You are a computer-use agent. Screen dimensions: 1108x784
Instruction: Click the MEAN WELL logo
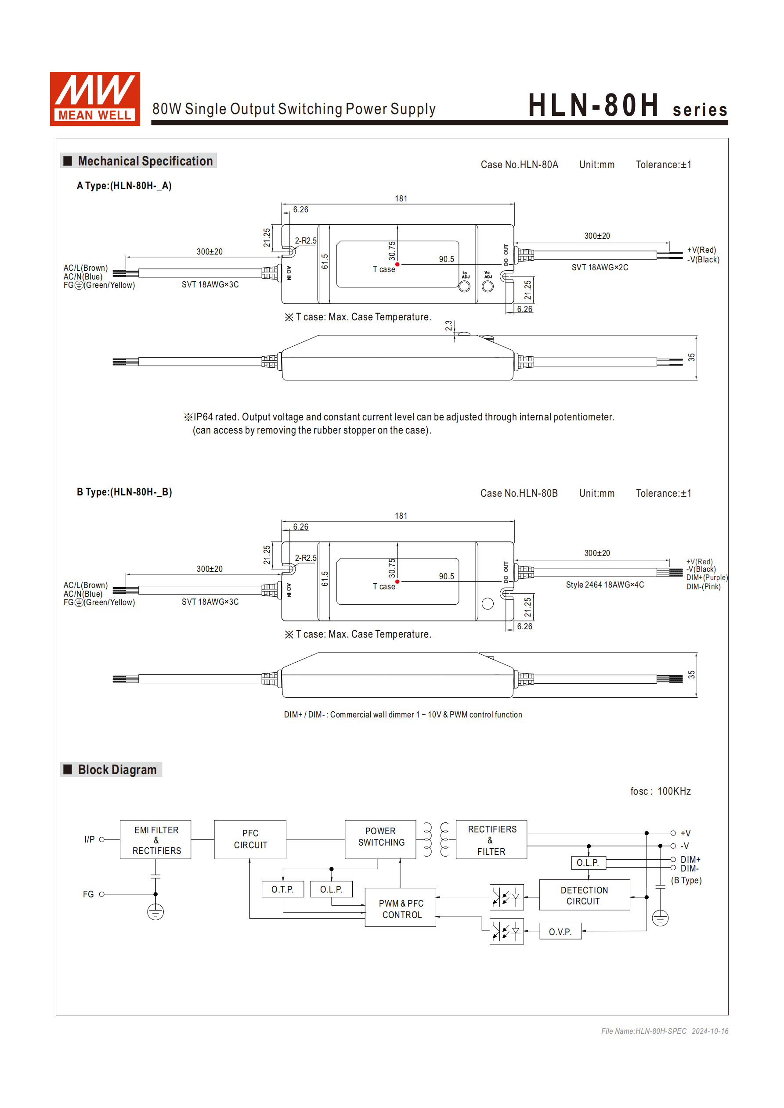pyautogui.click(x=95, y=99)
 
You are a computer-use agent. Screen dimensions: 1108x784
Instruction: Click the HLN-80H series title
pyautogui.click(x=627, y=105)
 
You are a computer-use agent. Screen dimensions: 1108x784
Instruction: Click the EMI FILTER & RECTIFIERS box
pyautogui.click(x=155, y=840)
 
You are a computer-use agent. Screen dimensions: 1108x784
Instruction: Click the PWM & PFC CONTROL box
pyautogui.click(x=401, y=909)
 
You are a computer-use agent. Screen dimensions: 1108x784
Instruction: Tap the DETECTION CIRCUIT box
pyautogui.click(x=584, y=896)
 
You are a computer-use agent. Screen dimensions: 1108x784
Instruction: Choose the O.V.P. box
pyautogui.click(x=560, y=932)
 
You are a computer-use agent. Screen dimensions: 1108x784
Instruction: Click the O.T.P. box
pyautogui.click(x=282, y=889)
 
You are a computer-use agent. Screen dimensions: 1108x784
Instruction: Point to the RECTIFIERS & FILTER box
pyautogui.click(x=491, y=840)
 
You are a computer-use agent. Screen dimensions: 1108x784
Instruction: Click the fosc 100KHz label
pyautogui.click(x=660, y=792)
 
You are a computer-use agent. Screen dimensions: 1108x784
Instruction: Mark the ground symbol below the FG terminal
pyautogui.click(x=155, y=913)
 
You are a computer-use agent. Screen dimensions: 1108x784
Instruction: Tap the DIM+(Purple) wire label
pyautogui.click(x=707, y=577)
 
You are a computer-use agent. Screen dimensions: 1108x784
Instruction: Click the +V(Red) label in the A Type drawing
pyautogui.click(x=701, y=250)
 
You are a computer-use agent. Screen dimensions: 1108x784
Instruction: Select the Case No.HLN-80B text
pyautogui.click(x=519, y=493)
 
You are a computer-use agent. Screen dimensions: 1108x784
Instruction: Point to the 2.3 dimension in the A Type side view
pyautogui.click(x=449, y=326)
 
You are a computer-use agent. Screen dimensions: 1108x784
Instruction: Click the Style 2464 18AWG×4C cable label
pyautogui.click(x=605, y=585)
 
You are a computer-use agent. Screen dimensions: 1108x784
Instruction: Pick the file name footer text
pyautogui.click(x=665, y=1031)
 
